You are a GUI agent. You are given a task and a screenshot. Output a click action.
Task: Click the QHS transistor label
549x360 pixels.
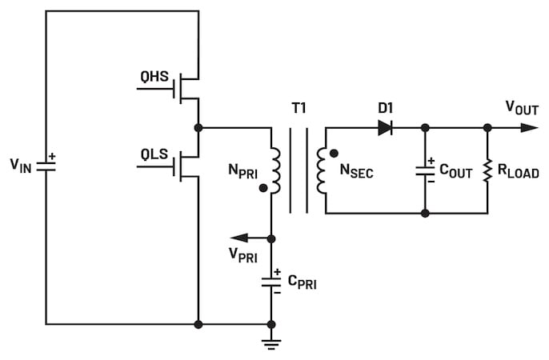(x=154, y=76)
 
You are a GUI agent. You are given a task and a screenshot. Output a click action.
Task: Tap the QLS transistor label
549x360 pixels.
(x=154, y=154)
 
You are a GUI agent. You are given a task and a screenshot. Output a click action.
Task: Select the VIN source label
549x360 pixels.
(x=21, y=165)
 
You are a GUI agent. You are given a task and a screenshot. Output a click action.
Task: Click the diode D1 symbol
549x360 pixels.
(x=385, y=128)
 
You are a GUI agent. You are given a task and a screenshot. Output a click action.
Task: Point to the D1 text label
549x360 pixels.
(x=386, y=108)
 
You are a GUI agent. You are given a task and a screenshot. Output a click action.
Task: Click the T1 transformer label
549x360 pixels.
(x=299, y=108)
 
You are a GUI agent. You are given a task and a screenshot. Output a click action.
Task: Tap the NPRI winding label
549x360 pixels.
(x=242, y=170)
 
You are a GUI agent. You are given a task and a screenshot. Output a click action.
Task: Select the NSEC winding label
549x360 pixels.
(x=356, y=170)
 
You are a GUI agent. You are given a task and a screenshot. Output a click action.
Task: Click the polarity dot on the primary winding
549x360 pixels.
(x=263, y=188)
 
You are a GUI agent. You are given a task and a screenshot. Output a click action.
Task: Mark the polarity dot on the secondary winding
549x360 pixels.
(x=334, y=154)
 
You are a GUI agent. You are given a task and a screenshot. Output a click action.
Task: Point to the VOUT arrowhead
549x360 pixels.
(x=529, y=128)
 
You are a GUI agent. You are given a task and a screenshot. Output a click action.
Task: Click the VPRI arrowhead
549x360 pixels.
(x=239, y=238)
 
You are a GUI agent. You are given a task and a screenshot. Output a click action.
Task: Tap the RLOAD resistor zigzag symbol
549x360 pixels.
(x=487, y=170)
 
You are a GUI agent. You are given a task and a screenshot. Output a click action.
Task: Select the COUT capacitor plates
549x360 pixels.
(x=425, y=171)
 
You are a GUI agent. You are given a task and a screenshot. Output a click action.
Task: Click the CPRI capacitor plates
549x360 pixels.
(x=271, y=282)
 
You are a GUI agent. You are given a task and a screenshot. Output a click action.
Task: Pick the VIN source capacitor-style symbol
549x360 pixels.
(x=46, y=166)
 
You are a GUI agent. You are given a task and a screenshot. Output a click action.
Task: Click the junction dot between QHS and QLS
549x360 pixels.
(x=198, y=128)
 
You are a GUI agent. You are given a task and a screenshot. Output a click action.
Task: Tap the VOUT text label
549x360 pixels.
(x=522, y=108)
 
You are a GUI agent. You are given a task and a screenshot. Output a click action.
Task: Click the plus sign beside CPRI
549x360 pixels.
(x=277, y=272)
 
